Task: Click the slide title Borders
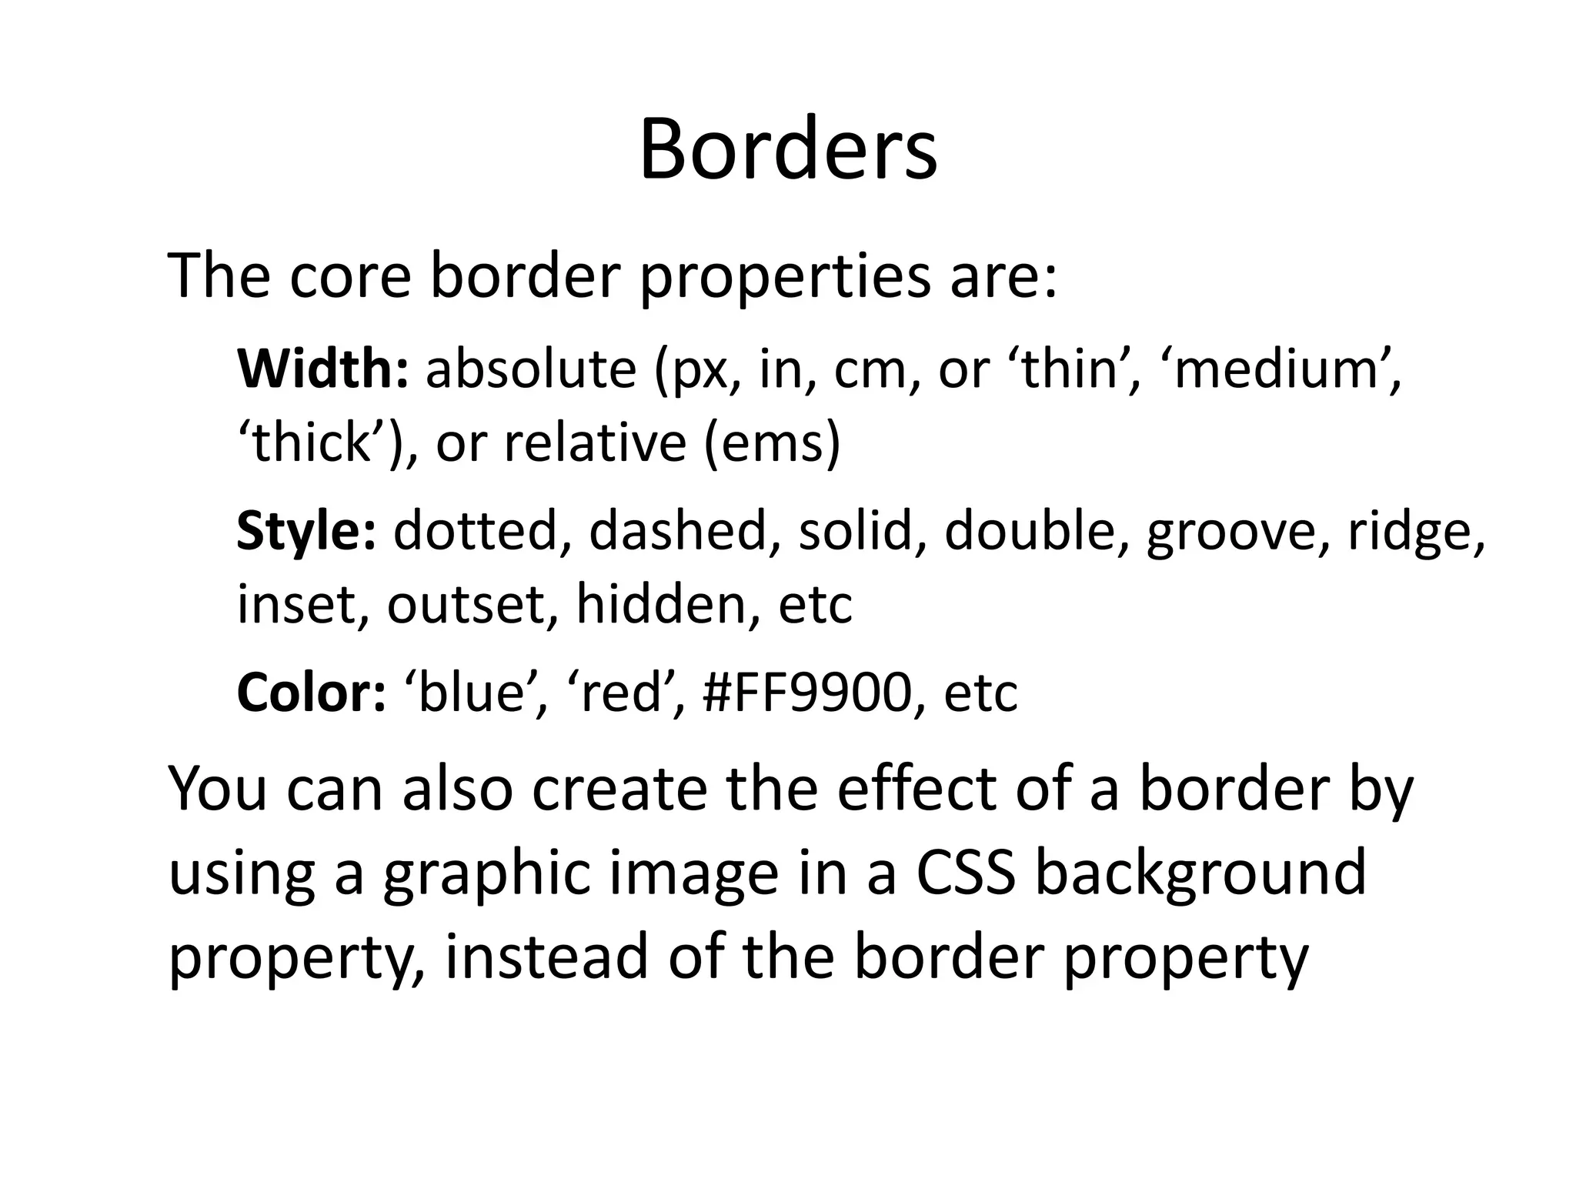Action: (x=788, y=149)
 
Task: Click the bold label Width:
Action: (x=323, y=369)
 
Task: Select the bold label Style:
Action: (x=306, y=531)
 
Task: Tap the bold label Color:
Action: (x=311, y=693)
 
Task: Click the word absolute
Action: (x=531, y=369)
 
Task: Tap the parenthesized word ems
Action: (x=772, y=445)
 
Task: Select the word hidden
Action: (x=661, y=603)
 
